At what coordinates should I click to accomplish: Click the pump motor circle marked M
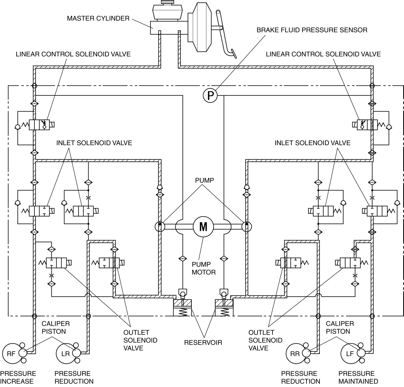(203, 227)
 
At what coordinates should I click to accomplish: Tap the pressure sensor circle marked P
(210, 96)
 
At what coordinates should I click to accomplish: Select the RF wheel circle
(12, 353)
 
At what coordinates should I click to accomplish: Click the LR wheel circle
(66, 353)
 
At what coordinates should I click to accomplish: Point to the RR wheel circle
(295, 353)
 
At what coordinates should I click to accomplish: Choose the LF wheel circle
(350, 353)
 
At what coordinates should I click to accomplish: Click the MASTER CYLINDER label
(98, 19)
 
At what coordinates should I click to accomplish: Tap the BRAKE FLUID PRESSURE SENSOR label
(312, 30)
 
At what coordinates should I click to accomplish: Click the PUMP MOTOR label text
(203, 268)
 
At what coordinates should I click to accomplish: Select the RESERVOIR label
(203, 342)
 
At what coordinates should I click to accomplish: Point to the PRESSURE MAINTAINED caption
(358, 377)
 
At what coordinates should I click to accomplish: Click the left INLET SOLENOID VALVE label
(94, 143)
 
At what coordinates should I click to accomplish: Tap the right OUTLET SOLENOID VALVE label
(265, 340)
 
